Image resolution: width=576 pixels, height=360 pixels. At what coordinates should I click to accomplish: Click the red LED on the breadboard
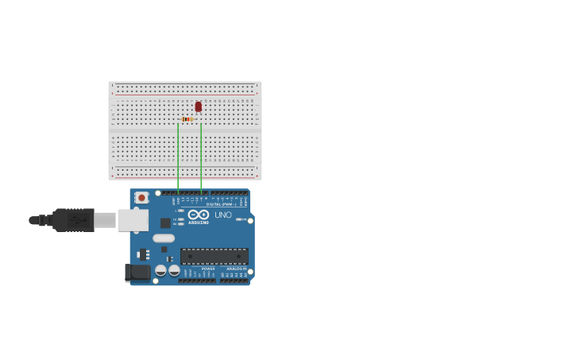[198, 106]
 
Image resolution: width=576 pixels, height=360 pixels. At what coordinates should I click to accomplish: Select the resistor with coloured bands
[187, 119]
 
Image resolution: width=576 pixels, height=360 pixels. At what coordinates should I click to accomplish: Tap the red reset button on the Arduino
[141, 197]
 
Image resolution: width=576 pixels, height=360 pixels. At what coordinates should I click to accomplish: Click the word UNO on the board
[223, 215]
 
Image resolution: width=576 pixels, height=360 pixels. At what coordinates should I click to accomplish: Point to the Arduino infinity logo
[198, 215]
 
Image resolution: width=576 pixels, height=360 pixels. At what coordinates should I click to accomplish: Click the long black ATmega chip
[214, 256]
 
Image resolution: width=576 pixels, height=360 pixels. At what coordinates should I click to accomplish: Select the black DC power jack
[137, 273]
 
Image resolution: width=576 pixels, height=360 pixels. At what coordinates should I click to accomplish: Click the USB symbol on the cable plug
[76, 220]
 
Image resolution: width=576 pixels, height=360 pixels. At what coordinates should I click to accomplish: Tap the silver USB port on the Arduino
[133, 220]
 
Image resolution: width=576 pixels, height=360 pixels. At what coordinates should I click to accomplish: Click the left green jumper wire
[178, 159]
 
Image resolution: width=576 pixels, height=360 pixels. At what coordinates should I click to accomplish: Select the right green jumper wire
[201, 159]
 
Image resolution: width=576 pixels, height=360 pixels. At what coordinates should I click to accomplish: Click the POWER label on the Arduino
[207, 269]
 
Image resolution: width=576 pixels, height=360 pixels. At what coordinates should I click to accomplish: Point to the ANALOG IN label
[236, 269]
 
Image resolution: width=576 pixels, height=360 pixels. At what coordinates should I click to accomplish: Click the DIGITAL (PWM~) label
[224, 204]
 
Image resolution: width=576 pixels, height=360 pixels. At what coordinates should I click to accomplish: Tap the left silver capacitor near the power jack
[160, 270]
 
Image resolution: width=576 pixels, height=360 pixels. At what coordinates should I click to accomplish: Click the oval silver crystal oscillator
[164, 238]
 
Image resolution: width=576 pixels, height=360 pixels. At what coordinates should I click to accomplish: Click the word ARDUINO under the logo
[199, 223]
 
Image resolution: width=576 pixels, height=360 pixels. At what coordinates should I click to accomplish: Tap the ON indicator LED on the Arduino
[240, 219]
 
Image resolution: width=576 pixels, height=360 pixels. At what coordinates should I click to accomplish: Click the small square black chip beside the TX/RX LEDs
[165, 223]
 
